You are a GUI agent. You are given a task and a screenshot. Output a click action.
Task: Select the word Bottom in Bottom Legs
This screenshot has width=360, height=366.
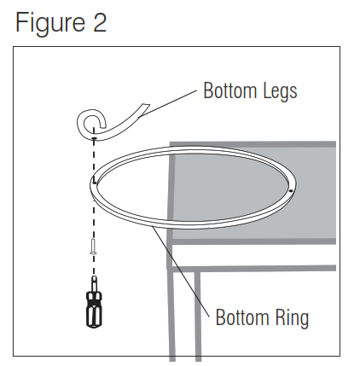pyautogui.click(x=230, y=90)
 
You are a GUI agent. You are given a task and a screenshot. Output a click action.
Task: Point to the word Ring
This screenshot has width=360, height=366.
pyautogui.click(x=292, y=318)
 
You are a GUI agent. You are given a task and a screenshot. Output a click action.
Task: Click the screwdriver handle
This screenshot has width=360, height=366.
pyautogui.click(x=94, y=310)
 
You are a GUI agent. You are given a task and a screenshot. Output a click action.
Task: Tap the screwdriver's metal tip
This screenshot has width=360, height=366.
pyautogui.click(x=94, y=283)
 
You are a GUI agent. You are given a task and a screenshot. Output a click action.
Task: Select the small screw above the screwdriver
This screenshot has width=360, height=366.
pyautogui.click(x=93, y=247)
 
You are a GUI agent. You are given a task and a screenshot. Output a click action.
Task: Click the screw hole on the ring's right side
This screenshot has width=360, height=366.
pyautogui.click(x=290, y=191)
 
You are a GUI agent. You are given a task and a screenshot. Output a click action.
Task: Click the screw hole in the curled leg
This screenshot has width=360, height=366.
pyautogui.click(x=94, y=138)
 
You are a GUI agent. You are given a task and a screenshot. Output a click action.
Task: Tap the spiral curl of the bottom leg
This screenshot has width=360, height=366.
pyautogui.click(x=90, y=123)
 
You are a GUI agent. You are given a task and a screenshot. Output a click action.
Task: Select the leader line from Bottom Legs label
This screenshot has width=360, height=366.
pyautogui.click(x=168, y=104)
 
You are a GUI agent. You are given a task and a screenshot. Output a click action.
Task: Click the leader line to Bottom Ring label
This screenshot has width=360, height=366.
pyautogui.click(x=181, y=271)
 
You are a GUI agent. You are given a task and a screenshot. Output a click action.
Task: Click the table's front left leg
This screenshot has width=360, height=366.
pyautogui.click(x=172, y=316)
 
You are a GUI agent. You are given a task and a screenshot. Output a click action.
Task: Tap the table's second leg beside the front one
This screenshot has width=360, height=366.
pyautogui.click(x=198, y=316)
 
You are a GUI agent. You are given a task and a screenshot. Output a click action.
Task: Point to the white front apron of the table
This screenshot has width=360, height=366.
pyautogui.click(x=253, y=255)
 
